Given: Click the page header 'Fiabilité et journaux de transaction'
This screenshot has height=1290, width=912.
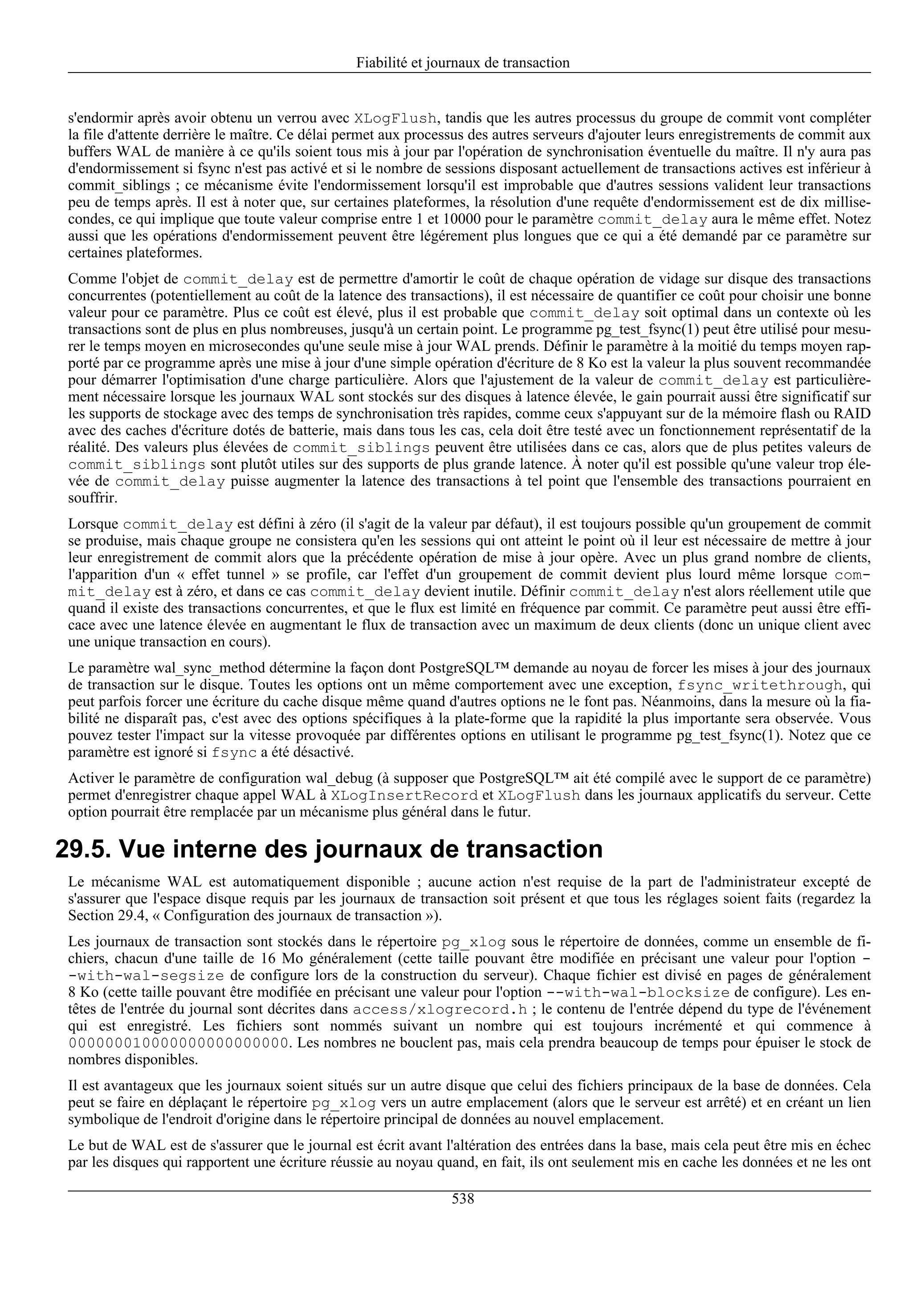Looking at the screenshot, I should point(463,63).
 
